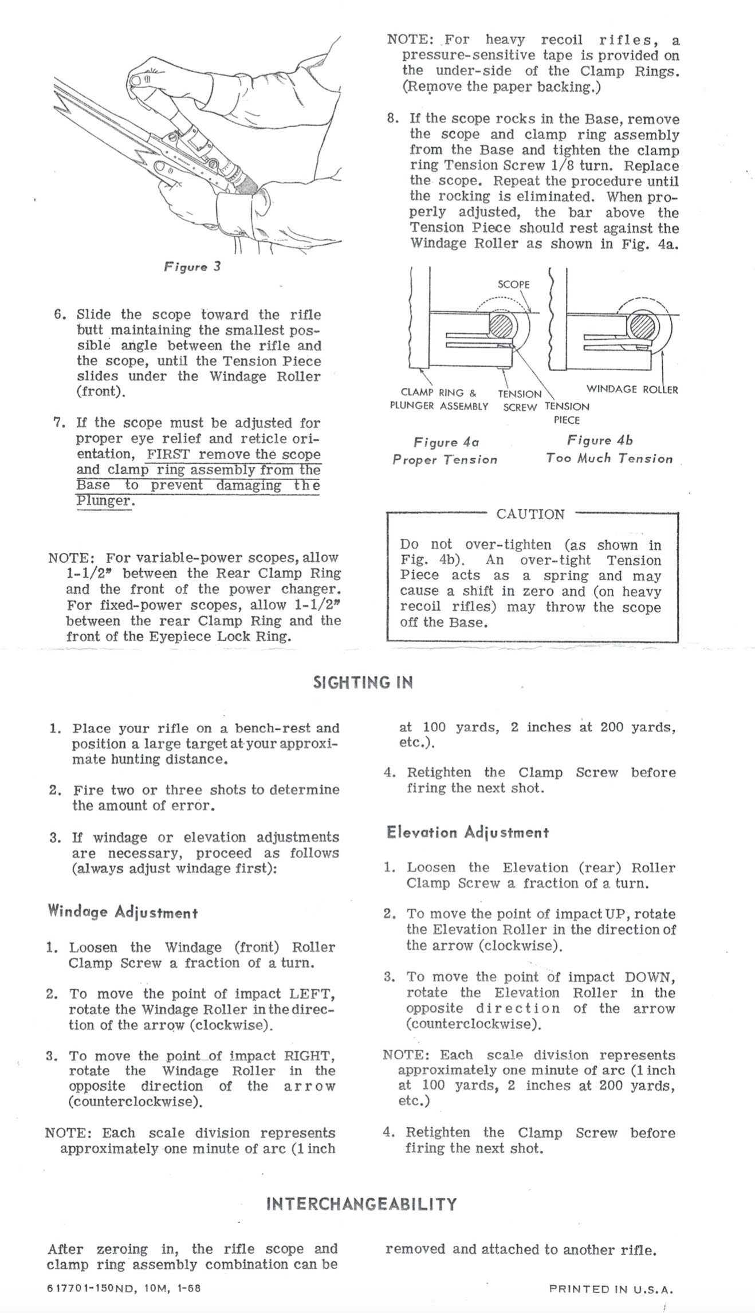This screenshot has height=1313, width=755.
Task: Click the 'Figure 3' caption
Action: point(192,267)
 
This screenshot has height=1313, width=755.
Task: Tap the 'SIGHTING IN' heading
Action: point(363,682)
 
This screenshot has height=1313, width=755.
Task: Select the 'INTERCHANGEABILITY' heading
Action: point(362,1204)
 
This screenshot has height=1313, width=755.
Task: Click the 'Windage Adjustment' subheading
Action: point(123,911)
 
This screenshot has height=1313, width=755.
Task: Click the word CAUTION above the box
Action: point(530,514)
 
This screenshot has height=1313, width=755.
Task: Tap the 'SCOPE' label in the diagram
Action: point(513,285)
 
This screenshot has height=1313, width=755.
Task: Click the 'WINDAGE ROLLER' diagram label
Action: point(632,390)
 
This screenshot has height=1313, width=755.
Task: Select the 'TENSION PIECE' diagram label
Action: point(567,413)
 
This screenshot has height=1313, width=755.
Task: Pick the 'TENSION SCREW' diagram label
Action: point(520,400)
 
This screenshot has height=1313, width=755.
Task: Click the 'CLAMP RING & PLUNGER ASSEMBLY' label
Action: point(439,399)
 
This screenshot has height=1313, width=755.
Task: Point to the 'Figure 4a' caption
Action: point(446,442)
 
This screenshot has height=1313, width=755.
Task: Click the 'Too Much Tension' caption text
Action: point(609,458)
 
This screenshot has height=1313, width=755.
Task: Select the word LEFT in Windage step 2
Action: point(312,993)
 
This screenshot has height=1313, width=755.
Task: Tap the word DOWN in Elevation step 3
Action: point(650,977)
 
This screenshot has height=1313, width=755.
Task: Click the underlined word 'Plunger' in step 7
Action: point(103,501)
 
